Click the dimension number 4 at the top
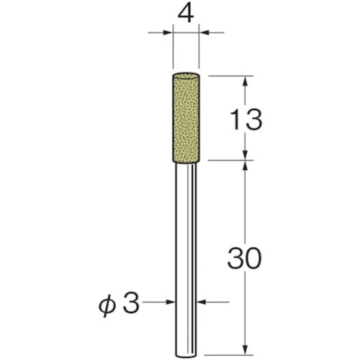click(186, 14)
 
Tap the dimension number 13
click(246, 120)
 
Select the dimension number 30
click(244, 258)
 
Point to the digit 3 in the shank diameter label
click(131, 302)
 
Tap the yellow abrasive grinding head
click(186, 117)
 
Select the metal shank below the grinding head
click(186, 261)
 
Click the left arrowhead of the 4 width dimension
click(168, 32)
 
